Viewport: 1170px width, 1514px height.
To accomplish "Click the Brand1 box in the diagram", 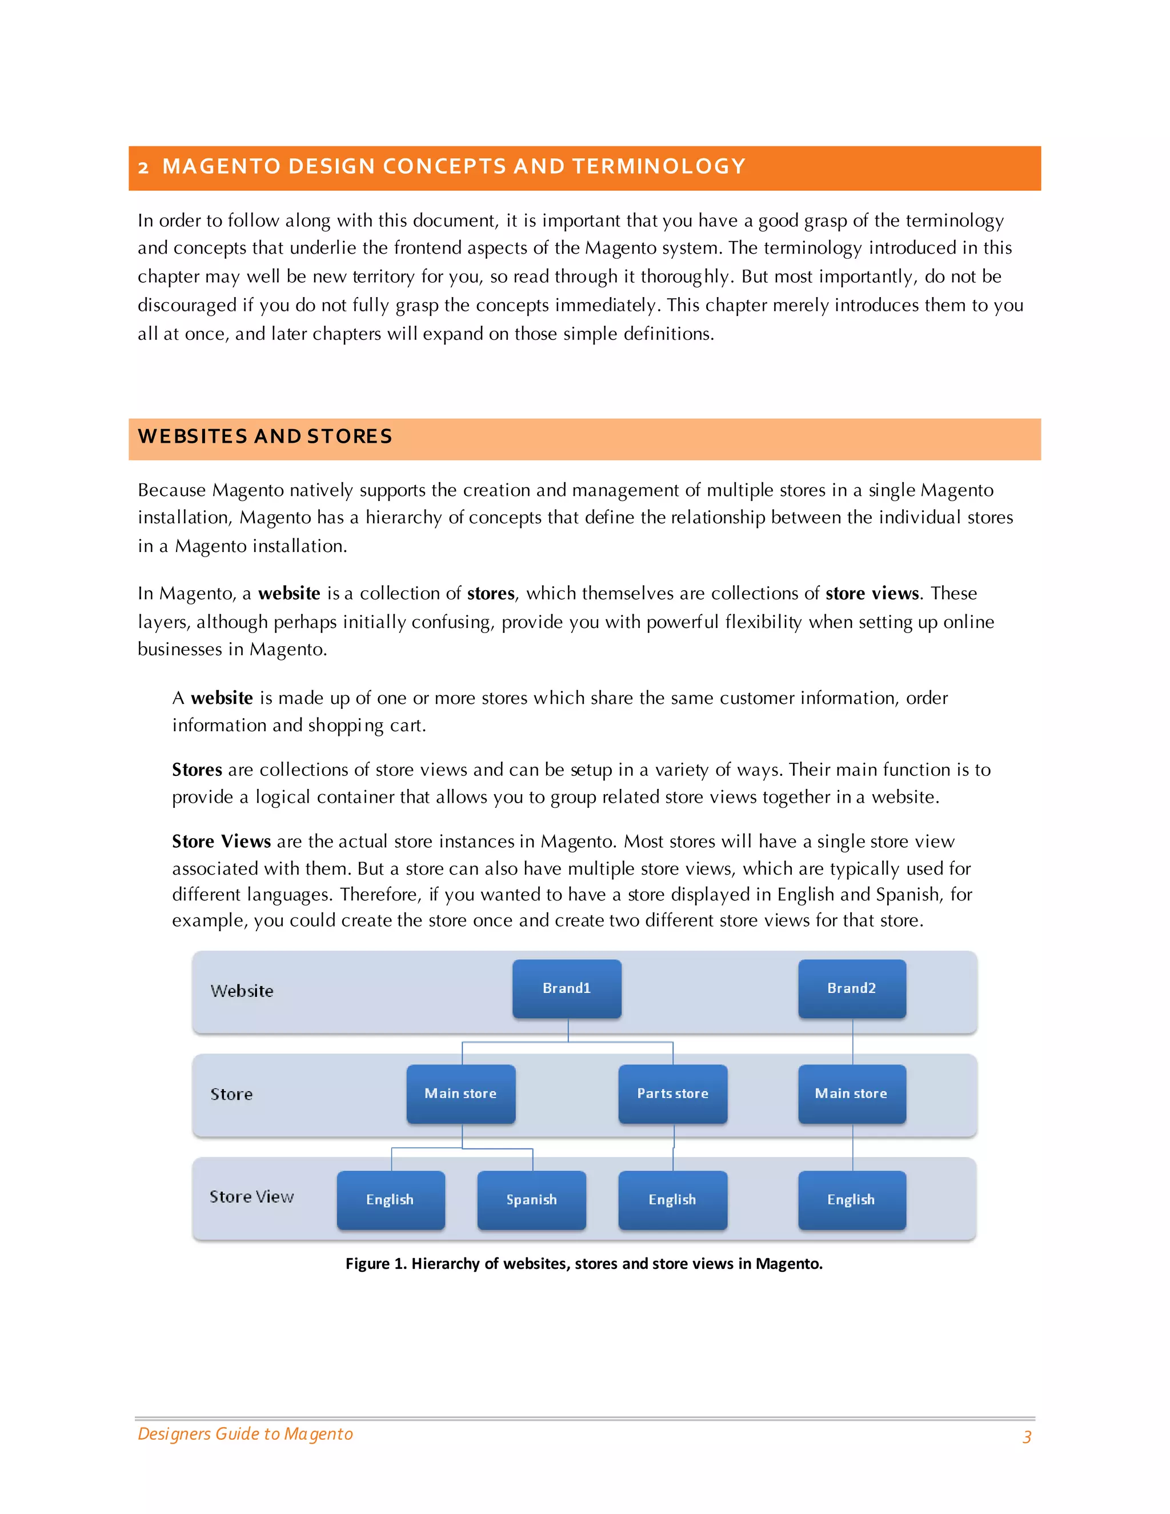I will coord(566,988).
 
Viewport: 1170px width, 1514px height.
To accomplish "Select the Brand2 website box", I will coord(851,988).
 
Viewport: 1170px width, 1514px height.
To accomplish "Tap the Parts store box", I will coord(672,1093).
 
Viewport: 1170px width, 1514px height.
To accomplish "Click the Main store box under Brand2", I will coord(851,1093).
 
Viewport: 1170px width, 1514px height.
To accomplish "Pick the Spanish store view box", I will coord(531,1199).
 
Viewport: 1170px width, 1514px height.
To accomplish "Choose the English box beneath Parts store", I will coord(672,1199).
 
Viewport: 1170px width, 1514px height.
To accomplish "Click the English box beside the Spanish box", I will coord(390,1199).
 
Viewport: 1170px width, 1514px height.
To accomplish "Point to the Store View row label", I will coord(251,1196).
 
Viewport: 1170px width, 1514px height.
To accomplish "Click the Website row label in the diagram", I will coord(242,991).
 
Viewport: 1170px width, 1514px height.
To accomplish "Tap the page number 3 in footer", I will coord(1027,1436).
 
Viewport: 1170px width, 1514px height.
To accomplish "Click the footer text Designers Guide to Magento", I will coord(245,1433).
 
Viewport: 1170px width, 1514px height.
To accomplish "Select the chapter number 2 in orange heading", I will coord(143,167).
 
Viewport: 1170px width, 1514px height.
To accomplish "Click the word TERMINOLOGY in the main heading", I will coord(659,166).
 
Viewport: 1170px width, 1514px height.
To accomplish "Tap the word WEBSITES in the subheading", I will coord(193,436).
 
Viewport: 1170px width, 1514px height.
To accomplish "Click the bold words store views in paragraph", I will coord(871,594).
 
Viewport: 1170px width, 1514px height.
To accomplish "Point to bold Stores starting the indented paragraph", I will coord(197,770).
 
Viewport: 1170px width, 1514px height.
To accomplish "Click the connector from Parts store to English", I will coord(674,1147).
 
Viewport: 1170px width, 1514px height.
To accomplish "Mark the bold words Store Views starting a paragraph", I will coord(221,842).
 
